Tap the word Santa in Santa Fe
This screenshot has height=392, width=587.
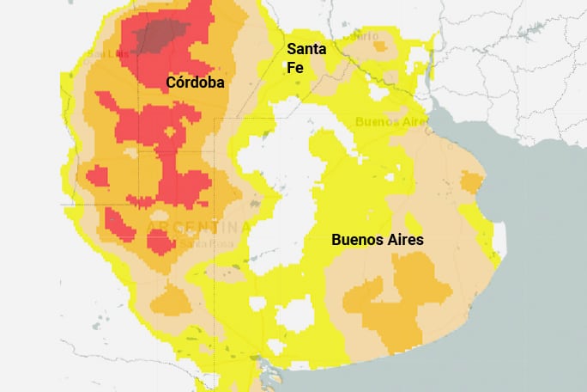click(x=306, y=48)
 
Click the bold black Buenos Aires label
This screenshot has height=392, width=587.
click(x=377, y=240)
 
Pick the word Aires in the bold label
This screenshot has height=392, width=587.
click(x=402, y=240)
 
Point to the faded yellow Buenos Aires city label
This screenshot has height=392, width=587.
click(x=390, y=122)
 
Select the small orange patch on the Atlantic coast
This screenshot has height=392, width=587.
click(x=471, y=181)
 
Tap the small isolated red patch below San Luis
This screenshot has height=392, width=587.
click(x=97, y=176)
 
